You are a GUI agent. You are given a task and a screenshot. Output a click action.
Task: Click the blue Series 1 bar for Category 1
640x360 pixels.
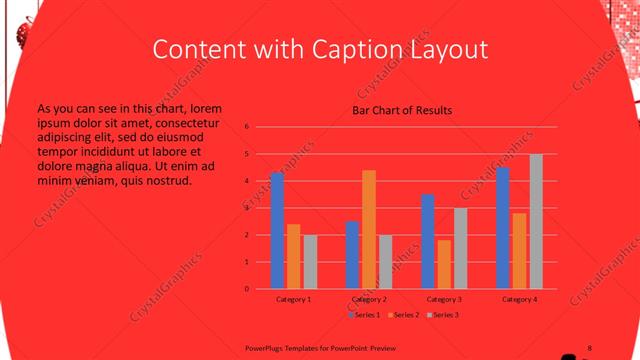tap(277, 231)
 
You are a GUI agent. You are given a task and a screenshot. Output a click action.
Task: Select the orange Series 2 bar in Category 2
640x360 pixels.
tap(369, 229)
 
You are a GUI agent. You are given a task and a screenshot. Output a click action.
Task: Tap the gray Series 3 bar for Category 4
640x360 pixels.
tap(536, 221)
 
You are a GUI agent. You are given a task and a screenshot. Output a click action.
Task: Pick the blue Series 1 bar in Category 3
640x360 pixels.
tap(428, 241)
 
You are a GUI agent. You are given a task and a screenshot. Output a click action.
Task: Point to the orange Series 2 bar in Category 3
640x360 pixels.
tap(444, 264)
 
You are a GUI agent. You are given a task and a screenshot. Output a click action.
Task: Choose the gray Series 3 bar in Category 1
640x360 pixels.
tap(310, 262)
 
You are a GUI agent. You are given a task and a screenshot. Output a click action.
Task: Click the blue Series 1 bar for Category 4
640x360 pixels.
tap(503, 228)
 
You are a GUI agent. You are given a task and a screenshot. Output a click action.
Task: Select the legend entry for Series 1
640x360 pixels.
tap(365, 315)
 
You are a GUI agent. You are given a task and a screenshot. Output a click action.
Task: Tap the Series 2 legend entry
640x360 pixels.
tap(403, 315)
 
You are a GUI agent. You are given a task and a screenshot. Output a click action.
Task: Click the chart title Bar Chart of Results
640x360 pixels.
tap(402, 110)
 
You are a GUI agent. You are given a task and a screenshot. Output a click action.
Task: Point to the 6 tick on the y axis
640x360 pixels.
tap(247, 127)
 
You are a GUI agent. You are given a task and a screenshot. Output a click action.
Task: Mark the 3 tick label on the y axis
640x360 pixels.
tap(247, 208)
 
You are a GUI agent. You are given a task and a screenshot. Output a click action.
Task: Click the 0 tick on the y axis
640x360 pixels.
tap(247, 289)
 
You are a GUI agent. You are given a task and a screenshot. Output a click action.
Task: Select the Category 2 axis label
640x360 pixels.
tap(369, 299)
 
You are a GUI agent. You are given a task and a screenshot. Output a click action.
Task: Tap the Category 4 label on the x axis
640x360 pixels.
tap(519, 299)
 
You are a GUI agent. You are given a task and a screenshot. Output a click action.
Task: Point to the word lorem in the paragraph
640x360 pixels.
tap(205, 107)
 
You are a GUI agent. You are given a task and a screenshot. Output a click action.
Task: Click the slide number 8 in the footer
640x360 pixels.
tap(589, 346)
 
